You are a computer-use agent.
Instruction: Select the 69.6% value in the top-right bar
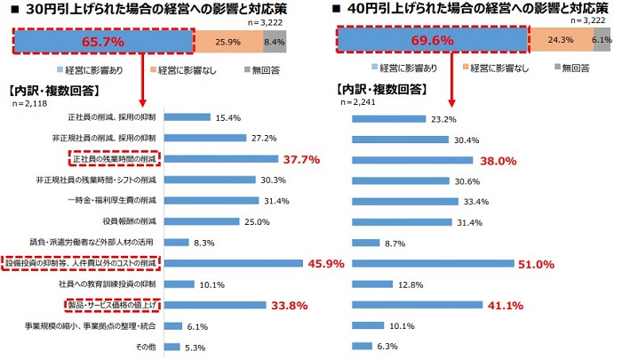(x=434, y=41)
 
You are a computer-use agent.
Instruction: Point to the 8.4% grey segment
(x=275, y=41)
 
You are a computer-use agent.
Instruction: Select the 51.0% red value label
(x=536, y=264)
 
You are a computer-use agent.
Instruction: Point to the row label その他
(x=146, y=348)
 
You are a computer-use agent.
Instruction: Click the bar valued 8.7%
(x=366, y=243)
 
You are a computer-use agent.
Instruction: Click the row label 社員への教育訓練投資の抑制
(x=113, y=284)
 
